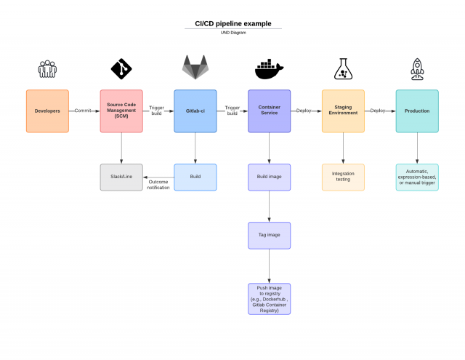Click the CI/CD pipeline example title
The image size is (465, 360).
point(232,24)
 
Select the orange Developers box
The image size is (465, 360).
point(47,111)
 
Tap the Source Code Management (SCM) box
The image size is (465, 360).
point(121,111)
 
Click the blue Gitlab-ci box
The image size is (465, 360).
point(195,111)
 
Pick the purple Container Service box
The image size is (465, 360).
point(270,111)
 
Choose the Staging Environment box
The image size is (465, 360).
point(343,111)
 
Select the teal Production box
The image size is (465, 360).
point(417,111)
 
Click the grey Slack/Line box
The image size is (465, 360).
point(121,177)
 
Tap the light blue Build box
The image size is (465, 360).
point(195,177)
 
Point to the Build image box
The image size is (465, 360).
point(270,177)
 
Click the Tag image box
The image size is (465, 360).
point(270,235)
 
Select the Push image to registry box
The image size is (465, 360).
point(270,298)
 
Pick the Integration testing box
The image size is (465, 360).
point(343,177)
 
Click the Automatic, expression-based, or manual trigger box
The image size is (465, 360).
point(417,177)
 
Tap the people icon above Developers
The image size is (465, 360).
point(47,69)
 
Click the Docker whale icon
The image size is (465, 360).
point(269,70)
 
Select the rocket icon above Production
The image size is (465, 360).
point(417,69)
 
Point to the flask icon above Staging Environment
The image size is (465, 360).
point(343,69)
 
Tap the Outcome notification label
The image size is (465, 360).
point(159,184)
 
